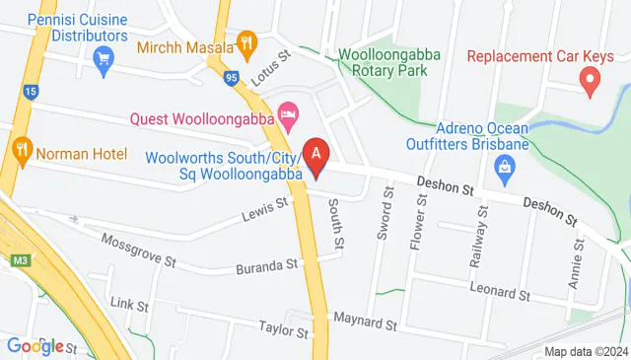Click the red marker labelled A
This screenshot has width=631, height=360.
tap(315, 156)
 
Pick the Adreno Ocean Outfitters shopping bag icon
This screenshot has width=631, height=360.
tap(505, 169)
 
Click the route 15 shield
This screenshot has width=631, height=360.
tap(31, 92)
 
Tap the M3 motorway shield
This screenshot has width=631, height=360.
tap(20, 260)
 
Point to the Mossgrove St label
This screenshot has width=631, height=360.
tap(138, 252)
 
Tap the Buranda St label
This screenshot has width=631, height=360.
tap(266, 266)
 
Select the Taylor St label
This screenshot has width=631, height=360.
tap(284, 327)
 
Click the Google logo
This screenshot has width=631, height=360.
tap(35, 345)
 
